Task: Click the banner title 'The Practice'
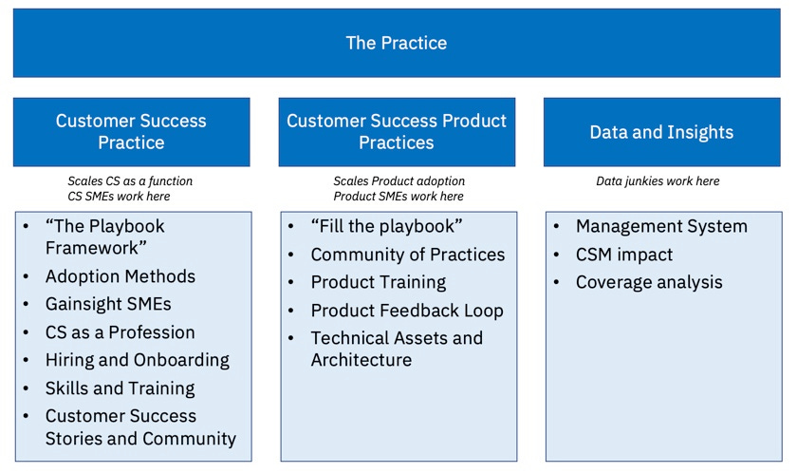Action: [x=396, y=43]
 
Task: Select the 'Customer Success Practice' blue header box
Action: [x=131, y=132]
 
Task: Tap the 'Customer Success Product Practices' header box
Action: [x=397, y=132]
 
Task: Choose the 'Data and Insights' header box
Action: [x=661, y=132]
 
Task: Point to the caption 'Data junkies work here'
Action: [x=658, y=180]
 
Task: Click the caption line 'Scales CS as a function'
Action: [x=130, y=180]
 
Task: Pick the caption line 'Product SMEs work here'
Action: [x=398, y=196]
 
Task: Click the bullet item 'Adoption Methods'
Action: [x=120, y=276]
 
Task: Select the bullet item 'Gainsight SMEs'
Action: [x=108, y=305]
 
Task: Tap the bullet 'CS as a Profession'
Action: [x=120, y=332]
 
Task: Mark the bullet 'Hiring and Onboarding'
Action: [x=138, y=360]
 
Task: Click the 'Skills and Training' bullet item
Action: [x=120, y=388]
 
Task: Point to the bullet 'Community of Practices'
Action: [x=408, y=255]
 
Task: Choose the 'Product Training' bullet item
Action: [x=379, y=282]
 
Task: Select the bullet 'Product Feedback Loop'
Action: [x=407, y=311]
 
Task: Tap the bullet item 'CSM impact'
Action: [x=624, y=255]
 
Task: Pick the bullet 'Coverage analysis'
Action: [x=649, y=282]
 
